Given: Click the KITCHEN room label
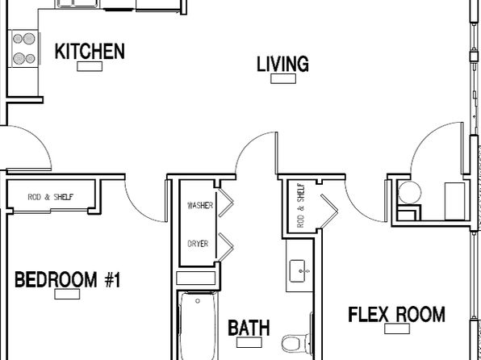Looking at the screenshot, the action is point(90,51).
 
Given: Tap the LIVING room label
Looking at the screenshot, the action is point(282,64).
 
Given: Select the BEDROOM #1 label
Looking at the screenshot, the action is point(68,279).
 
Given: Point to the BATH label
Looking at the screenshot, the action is point(249,328).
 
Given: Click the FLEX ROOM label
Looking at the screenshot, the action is point(396,314).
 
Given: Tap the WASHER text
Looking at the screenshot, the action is point(200,205).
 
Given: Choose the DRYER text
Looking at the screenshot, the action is point(198,244).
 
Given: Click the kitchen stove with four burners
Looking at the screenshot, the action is point(24,48).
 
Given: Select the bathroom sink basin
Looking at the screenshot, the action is point(298,271).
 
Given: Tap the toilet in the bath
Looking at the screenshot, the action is point(296,343).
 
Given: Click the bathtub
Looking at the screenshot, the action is point(198,326).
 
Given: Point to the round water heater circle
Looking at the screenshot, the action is point(409,192).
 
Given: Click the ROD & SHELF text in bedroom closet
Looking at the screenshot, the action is point(51,197).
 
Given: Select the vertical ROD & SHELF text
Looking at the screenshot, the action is point(301,205).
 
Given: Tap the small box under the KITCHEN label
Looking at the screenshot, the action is point(90,66).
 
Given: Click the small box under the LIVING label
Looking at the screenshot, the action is point(283,78).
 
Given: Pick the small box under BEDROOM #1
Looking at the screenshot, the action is point(67,294).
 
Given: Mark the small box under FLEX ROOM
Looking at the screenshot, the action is point(397,329).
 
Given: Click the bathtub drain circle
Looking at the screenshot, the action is point(198,301).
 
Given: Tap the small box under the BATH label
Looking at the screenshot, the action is point(249,342).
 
